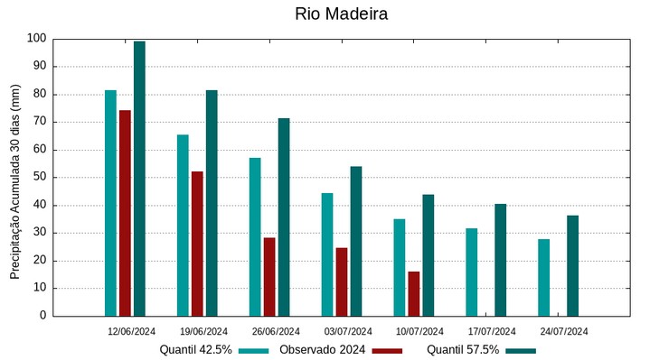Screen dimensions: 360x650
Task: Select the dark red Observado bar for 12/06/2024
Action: (x=125, y=213)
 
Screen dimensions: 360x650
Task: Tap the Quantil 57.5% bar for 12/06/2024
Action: (x=139, y=179)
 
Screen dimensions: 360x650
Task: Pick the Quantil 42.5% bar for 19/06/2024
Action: (x=183, y=226)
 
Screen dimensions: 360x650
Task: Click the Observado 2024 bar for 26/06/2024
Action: (x=269, y=277)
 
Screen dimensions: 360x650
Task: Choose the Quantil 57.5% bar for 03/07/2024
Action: (x=356, y=241)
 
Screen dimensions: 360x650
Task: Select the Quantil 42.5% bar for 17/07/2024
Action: (x=472, y=272)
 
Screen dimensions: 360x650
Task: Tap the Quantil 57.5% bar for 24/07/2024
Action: (x=572, y=265)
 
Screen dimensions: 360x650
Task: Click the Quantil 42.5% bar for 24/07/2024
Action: (x=543, y=278)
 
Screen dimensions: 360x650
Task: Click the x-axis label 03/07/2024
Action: (x=348, y=331)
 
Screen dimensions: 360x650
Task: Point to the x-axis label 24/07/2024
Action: (x=564, y=331)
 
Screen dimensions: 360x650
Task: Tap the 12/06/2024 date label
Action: (x=132, y=331)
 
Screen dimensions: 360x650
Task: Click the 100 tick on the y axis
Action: (x=36, y=39)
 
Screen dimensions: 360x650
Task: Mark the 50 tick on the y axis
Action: (x=39, y=178)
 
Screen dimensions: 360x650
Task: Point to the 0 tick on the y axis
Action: (x=42, y=316)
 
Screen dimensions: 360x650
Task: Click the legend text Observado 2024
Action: (x=322, y=350)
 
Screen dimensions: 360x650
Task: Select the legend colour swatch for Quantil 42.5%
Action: (x=254, y=350)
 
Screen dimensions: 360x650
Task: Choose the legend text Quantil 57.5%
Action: (x=462, y=350)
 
